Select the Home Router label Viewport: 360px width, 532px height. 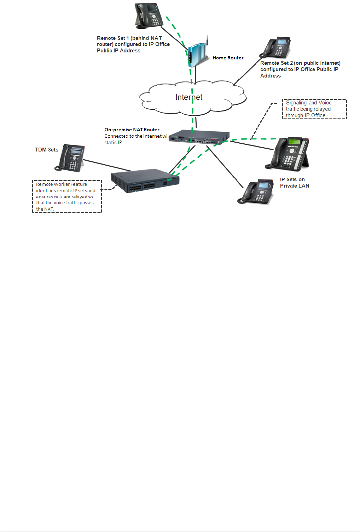click(228, 58)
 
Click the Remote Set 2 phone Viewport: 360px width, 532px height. click(276, 47)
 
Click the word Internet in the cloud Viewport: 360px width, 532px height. click(189, 97)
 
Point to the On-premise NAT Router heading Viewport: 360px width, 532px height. click(132, 130)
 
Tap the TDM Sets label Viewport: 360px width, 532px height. click(46, 150)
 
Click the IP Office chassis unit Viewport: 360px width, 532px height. click(145, 181)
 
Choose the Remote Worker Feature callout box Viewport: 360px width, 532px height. click(67, 196)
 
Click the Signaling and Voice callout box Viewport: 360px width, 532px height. click(314, 109)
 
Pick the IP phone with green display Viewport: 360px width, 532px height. click(290, 154)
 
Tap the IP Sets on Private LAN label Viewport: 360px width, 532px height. click(294, 183)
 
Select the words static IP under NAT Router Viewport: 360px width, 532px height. click(113, 142)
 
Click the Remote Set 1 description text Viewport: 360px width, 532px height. click(133, 44)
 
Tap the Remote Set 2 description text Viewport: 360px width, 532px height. click(300, 69)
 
